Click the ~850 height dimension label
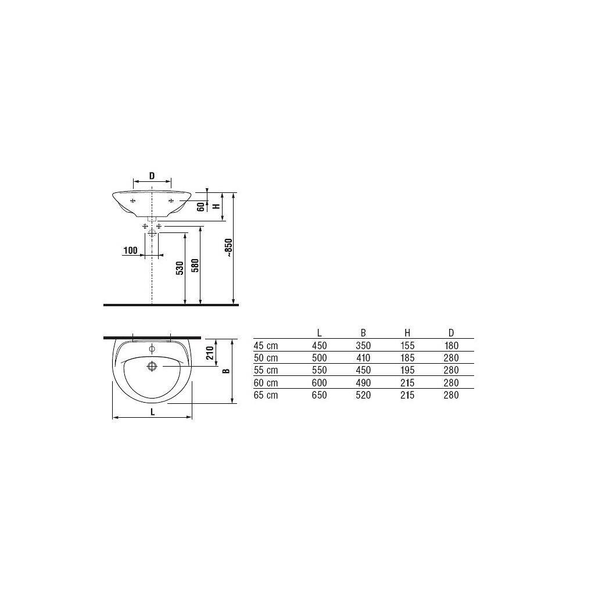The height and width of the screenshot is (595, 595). pyautogui.click(x=228, y=248)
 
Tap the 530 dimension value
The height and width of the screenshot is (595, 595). pyautogui.click(x=180, y=268)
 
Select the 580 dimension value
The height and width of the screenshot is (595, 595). pyautogui.click(x=195, y=265)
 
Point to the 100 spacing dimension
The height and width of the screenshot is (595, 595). pyautogui.click(x=131, y=250)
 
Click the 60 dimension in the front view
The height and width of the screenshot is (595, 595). pyautogui.click(x=201, y=206)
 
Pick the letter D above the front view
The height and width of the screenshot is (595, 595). pyautogui.click(x=152, y=176)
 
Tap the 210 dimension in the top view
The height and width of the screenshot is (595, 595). pyautogui.click(x=210, y=353)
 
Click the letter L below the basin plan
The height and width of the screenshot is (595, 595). pyautogui.click(x=153, y=412)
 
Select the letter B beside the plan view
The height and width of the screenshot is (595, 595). pyautogui.click(x=227, y=371)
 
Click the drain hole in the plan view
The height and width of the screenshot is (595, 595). pyautogui.click(x=152, y=366)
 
